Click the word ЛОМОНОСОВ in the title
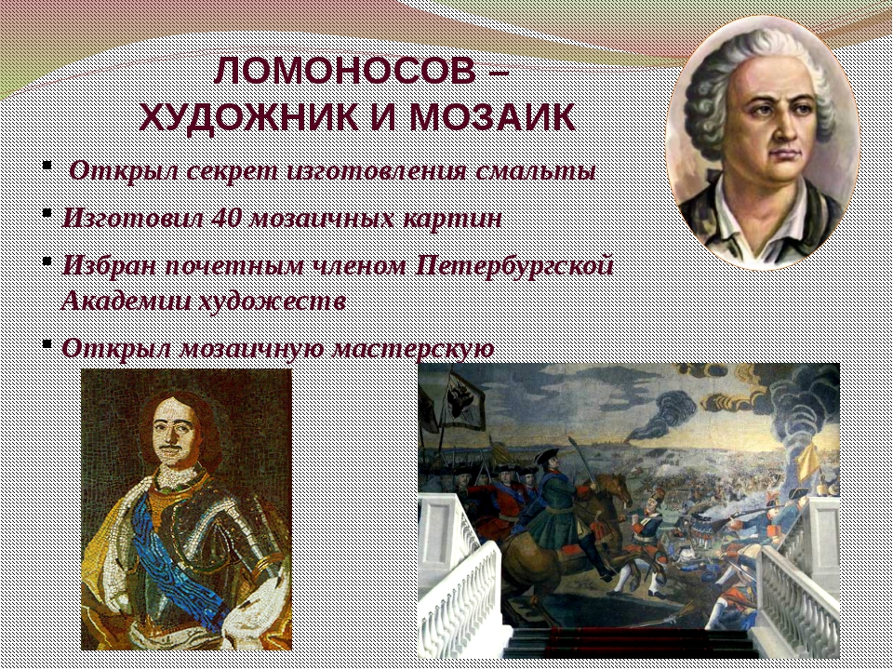click(345, 71)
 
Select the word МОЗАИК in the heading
click(492, 118)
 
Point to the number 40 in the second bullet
click(227, 218)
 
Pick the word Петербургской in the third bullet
click(515, 266)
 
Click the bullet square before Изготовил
click(47, 212)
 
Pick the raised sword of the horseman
click(580, 460)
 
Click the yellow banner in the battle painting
click(808, 462)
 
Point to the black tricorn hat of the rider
click(547, 455)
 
